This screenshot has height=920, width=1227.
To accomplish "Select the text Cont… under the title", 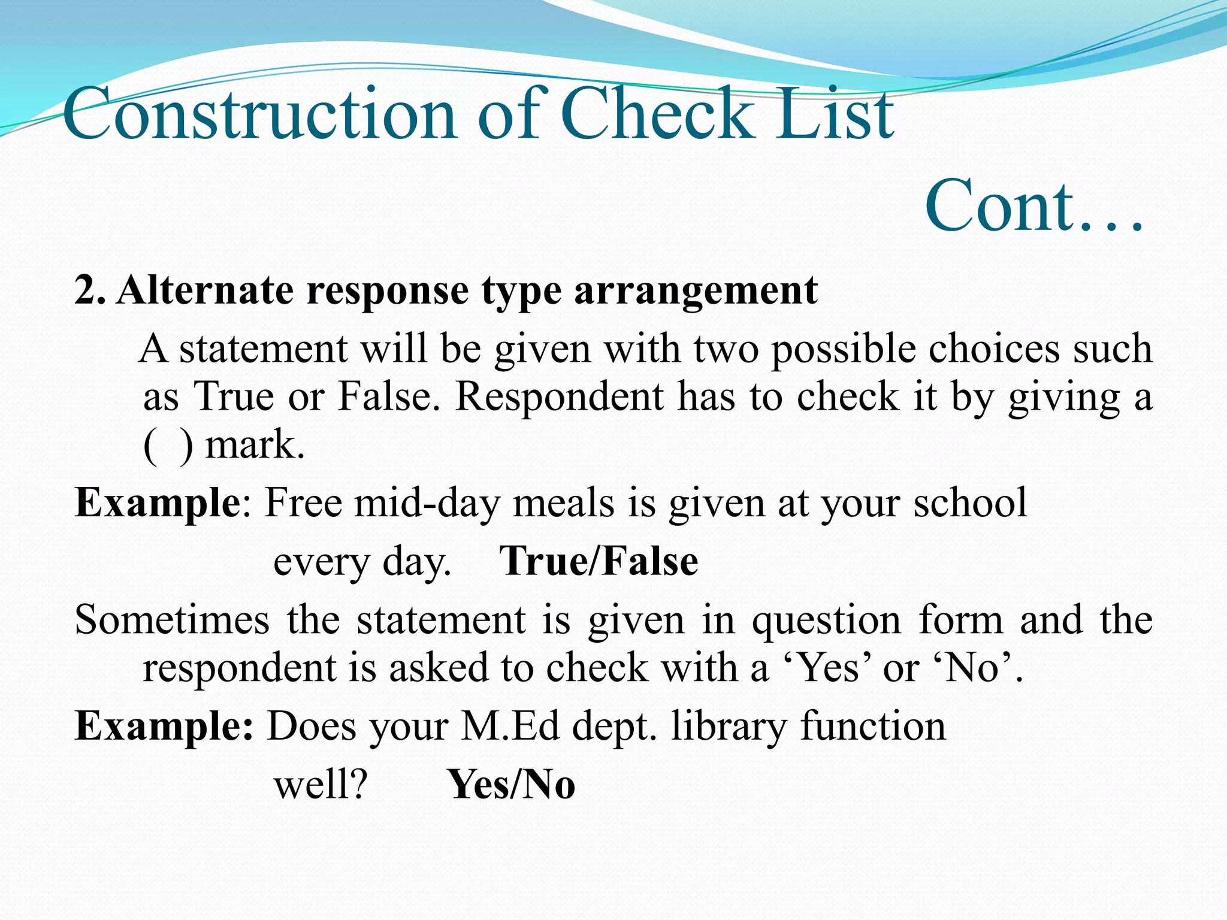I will (1033, 207).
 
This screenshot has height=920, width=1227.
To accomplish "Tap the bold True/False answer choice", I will (599, 562).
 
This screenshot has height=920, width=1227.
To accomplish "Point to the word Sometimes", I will (172, 620).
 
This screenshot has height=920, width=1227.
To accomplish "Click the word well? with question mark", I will (320, 785).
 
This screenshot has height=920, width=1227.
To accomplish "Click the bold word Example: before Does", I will (164, 727).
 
